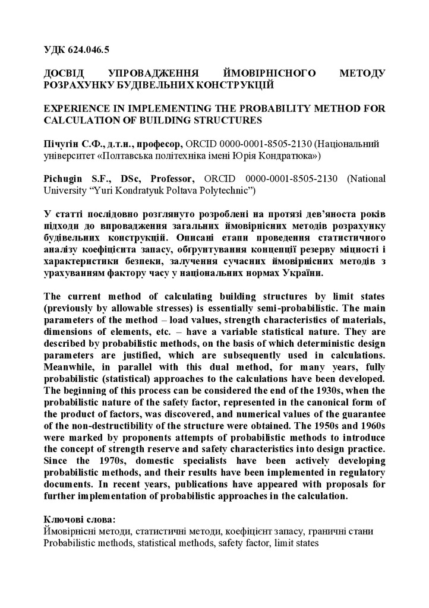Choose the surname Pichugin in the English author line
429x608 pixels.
(67, 179)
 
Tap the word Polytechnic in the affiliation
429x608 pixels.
(228, 190)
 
